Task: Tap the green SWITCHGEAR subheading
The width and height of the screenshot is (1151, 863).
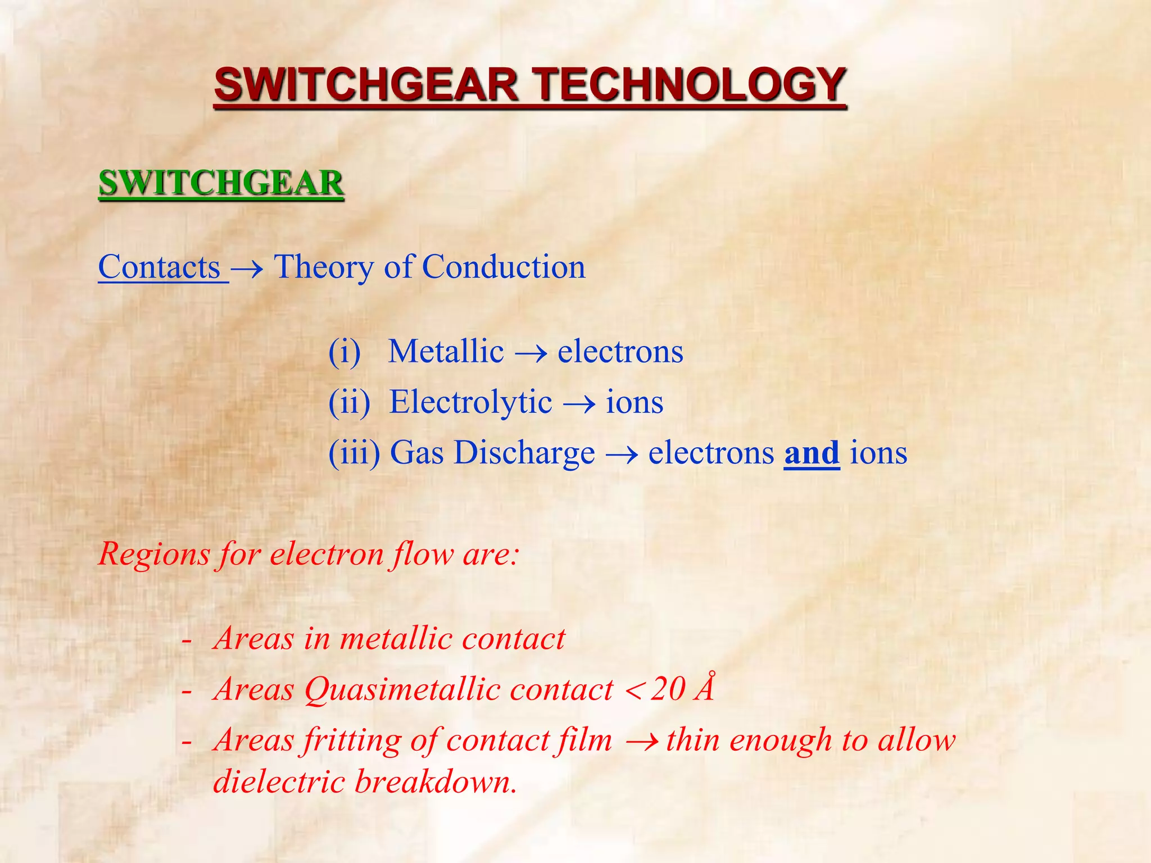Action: [x=221, y=183]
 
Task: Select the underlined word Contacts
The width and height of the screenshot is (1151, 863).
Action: [x=160, y=267]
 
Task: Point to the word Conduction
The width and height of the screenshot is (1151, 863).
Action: [x=504, y=267]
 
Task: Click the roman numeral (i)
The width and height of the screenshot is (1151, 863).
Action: [x=345, y=352]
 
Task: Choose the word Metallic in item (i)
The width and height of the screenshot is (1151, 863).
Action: [x=446, y=352]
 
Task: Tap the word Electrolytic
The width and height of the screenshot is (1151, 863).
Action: [x=470, y=403]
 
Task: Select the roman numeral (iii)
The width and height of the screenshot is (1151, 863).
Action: [x=355, y=453]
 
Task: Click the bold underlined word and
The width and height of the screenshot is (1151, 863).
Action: [x=812, y=453]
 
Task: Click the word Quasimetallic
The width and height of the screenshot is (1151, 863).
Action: [x=459, y=689]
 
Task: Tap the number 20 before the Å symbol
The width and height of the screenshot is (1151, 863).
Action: [x=668, y=689]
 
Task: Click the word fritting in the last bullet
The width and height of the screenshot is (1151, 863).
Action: [x=351, y=741]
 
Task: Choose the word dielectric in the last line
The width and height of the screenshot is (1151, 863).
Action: [x=279, y=782]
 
